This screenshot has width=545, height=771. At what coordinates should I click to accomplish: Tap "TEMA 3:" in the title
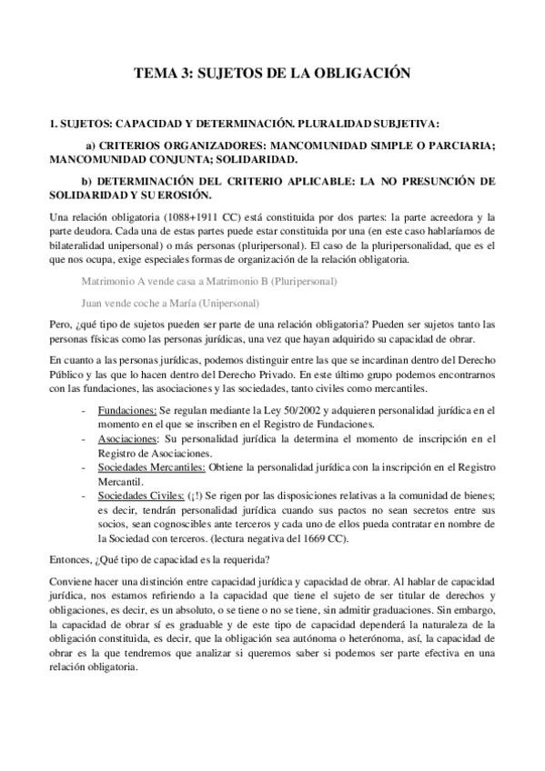tap(159, 73)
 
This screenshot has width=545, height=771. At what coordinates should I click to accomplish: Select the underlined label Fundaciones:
tap(127, 412)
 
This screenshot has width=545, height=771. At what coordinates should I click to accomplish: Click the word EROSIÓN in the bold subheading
tap(184, 195)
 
